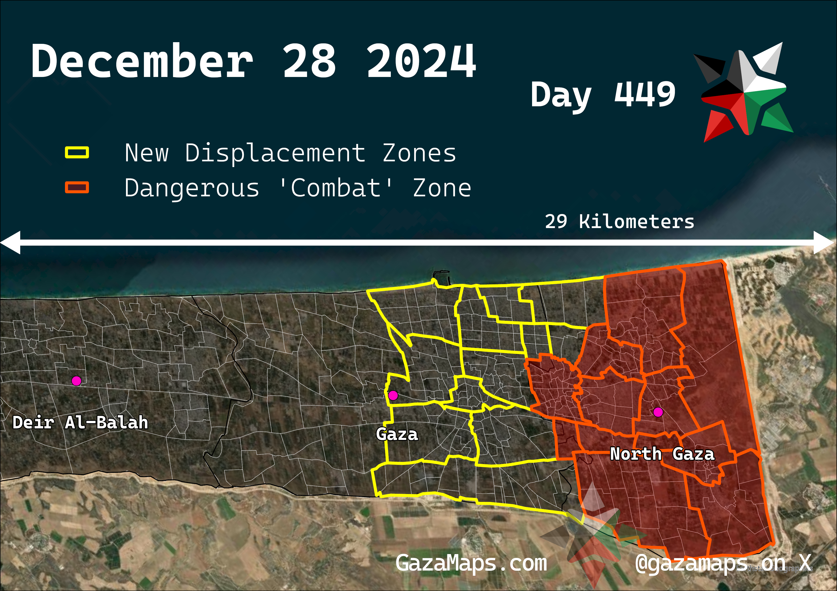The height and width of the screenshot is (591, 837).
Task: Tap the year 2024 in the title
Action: (421, 61)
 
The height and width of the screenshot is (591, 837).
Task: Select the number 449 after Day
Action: (644, 94)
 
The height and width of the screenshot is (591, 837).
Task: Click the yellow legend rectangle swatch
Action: (77, 153)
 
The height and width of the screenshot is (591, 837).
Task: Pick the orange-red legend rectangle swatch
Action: (77, 187)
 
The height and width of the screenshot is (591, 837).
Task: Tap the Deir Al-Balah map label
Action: (80, 423)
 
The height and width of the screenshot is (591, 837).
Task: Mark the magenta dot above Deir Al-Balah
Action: (76, 381)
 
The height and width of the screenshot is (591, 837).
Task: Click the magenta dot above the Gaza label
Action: (393, 395)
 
